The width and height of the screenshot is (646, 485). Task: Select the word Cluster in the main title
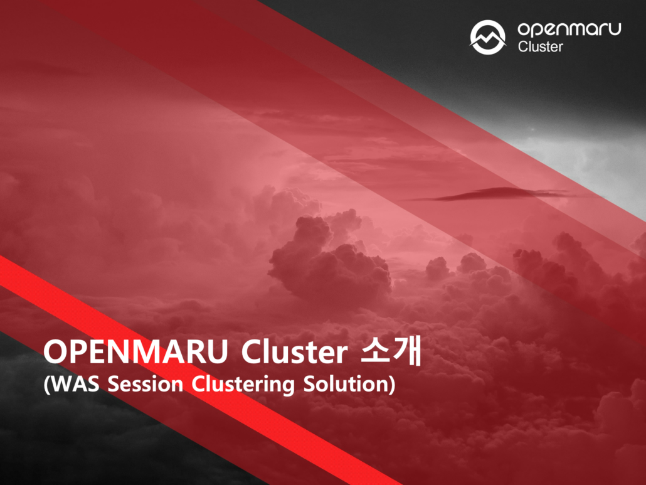coord(294,354)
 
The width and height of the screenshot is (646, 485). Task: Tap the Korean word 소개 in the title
coord(390,353)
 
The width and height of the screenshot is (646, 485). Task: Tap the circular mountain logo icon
coord(488,36)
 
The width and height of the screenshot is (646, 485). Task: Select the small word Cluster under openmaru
coord(540,46)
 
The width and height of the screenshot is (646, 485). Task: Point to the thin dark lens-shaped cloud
coord(495,195)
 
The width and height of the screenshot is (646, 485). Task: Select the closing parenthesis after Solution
coord(392,385)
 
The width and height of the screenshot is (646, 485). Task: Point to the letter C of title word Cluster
coord(253,354)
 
